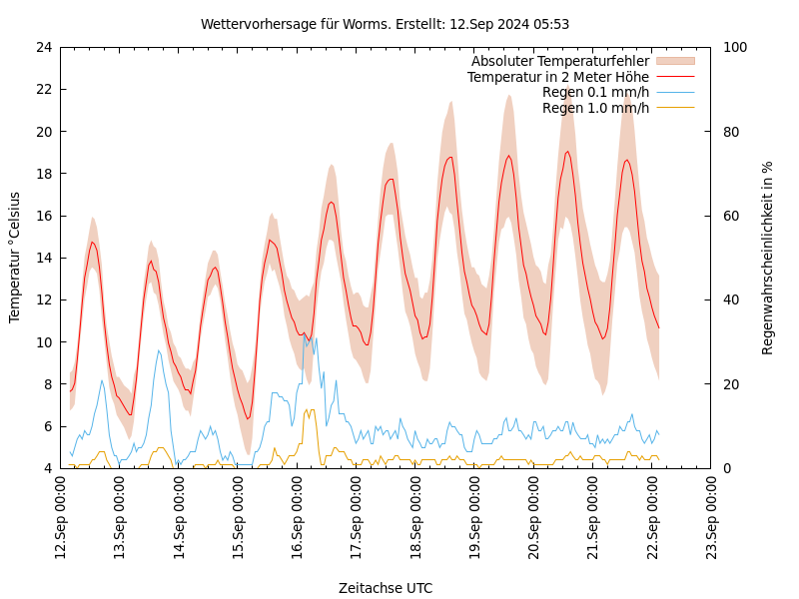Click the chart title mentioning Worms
tap(385, 24)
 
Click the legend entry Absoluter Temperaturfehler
tap(559, 62)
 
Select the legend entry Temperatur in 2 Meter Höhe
tap(557, 77)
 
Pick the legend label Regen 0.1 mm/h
tap(595, 92)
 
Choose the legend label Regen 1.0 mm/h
tap(595, 107)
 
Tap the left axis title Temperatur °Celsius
tap(15, 257)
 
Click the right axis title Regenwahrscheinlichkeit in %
tap(768, 257)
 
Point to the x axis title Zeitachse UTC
tap(385, 588)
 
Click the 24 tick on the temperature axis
tap(44, 47)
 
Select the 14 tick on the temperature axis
tap(44, 258)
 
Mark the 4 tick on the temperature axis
tap(48, 468)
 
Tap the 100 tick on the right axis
tap(734, 47)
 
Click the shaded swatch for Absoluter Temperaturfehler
tap(674, 62)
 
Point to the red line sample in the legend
tap(674, 77)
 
